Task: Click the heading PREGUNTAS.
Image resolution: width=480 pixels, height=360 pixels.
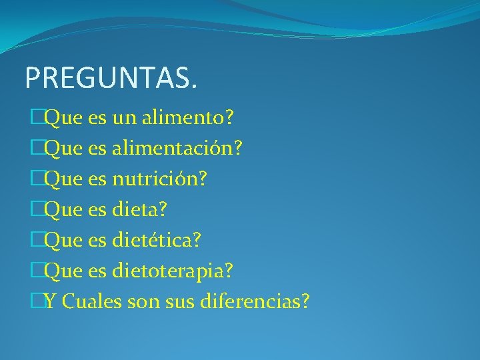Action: tap(111, 78)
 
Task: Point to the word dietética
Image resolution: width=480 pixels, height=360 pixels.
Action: tap(152, 241)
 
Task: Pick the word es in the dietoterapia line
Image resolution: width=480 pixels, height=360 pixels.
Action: tap(97, 271)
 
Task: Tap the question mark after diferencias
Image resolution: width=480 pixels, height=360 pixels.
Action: tap(305, 302)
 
